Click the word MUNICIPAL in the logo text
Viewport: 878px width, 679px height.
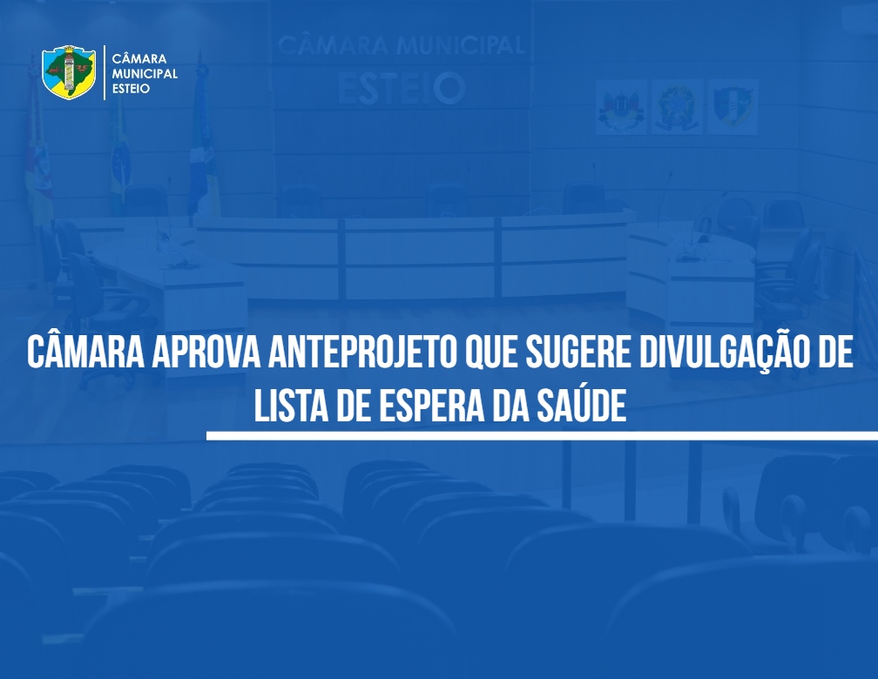tap(145, 74)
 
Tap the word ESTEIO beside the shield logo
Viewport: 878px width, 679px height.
tap(131, 89)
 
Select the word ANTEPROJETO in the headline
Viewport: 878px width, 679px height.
tap(362, 353)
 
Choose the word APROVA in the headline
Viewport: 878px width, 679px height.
tap(206, 353)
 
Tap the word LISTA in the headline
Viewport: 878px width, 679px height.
tap(291, 406)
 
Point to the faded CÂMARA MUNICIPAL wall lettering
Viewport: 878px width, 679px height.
tap(402, 44)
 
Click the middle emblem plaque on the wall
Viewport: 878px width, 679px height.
tap(677, 107)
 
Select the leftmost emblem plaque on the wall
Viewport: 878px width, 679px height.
tap(621, 107)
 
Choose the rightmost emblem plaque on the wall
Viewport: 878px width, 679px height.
tap(733, 107)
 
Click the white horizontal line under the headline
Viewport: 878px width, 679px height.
tap(542, 435)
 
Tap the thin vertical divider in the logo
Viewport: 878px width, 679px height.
tap(105, 73)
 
